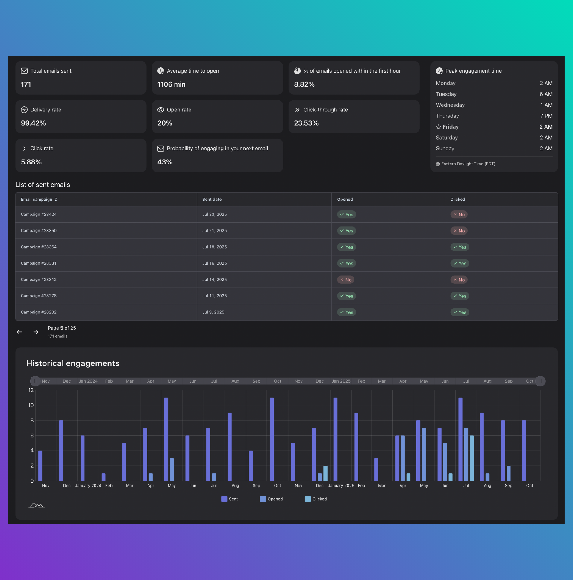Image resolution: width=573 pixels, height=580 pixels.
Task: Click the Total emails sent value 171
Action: click(x=26, y=84)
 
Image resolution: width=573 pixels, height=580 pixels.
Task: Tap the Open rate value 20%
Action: click(x=165, y=123)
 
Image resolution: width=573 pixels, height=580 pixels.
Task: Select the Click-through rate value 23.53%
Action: click(x=306, y=123)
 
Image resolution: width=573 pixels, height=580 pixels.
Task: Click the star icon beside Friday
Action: click(x=438, y=127)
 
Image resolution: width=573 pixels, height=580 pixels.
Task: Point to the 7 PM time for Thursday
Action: click(x=546, y=116)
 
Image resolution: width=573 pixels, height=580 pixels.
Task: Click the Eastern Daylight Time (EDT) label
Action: click(x=468, y=164)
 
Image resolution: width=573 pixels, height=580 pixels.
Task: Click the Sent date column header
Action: click(x=212, y=199)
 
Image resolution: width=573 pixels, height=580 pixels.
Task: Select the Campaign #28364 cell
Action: click(x=39, y=247)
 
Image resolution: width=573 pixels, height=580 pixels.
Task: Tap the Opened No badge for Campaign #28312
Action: click(x=345, y=280)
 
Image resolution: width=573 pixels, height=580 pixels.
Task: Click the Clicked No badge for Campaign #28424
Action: click(x=459, y=214)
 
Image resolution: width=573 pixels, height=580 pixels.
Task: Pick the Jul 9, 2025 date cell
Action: click(x=213, y=312)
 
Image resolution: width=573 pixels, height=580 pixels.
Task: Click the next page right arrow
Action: click(x=36, y=332)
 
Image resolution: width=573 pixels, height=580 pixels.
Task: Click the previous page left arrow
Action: click(x=19, y=332)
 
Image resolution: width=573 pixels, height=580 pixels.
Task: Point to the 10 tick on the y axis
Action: click(x=31, y=405)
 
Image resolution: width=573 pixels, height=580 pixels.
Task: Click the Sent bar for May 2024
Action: click(x=166, y=439)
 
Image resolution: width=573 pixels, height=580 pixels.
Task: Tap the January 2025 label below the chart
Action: click(x=341, y=485)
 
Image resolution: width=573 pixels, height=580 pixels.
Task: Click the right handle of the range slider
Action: click(x=540, y=381)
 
